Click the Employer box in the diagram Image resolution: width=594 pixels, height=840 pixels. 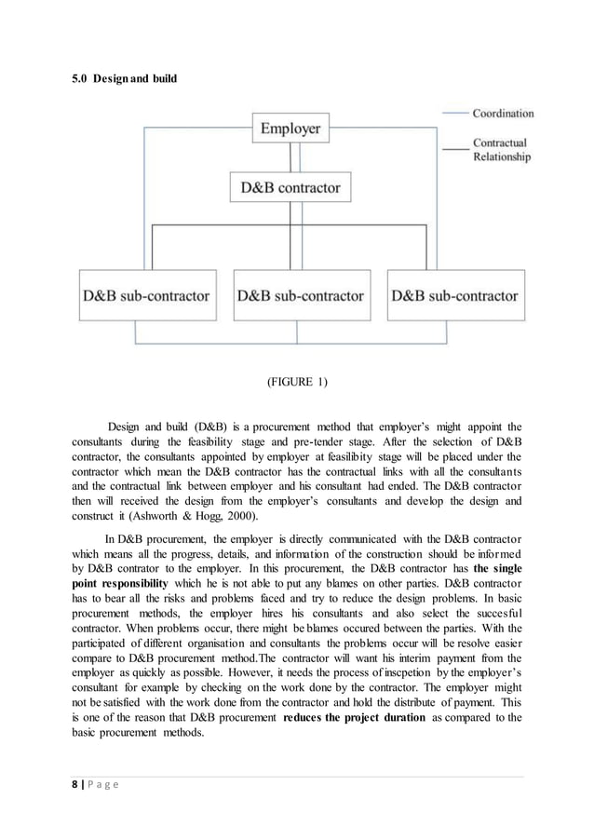point(290,128)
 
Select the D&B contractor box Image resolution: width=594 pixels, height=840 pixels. point(290,187)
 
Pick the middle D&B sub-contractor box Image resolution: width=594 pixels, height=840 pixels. point(300,296)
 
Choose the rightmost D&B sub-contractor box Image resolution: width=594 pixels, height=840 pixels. point(454,296)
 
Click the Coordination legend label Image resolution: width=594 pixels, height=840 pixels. point(503,114)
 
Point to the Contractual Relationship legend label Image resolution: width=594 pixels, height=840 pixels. point(502,151)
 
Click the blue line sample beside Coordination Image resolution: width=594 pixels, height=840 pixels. point(455,114)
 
